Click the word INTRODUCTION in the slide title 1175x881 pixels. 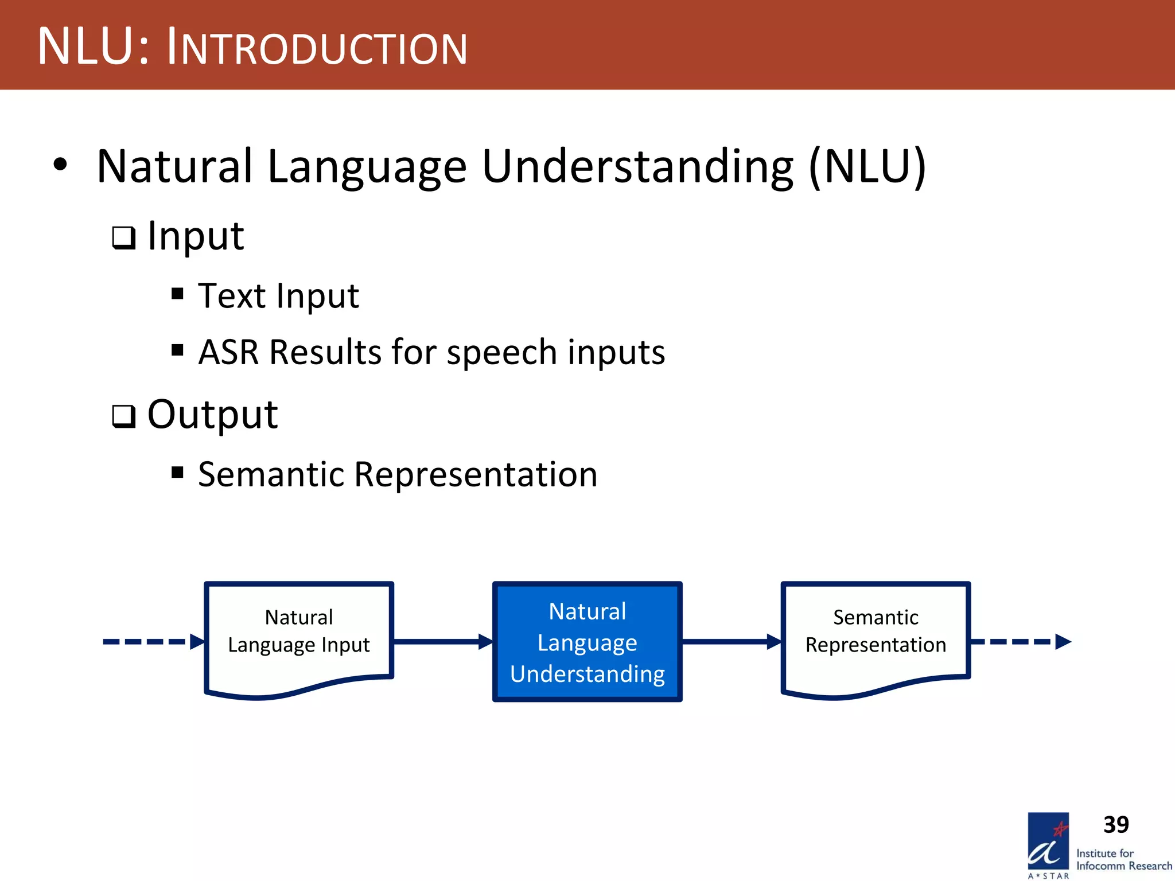pyautogui.click(x=317, y=48)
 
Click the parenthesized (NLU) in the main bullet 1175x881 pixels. pyautogui.click(x=867, y=167)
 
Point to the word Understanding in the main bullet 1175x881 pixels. pyautogui.click(x=637, y=167)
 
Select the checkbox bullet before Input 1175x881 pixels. pyautogui.click(x=123, y=237)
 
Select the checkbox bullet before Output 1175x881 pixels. pyautogui.click(x=123, y=416)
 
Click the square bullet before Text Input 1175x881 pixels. pyautogui.click(x=177, y=294)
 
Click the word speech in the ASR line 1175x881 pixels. pyautogui.click(x=502, y=353)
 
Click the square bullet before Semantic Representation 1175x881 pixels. pyautogui.click(x=177, y=473)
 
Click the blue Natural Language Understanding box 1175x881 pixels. pyautogui.click(x=587, y=641)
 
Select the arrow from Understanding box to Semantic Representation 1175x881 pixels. pyautogui.click(x=732, y=641)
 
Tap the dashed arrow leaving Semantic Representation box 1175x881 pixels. pyautogui.click(x=1021, y=641)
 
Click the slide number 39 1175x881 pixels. pyautogui.click(x=1115, y=825)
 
